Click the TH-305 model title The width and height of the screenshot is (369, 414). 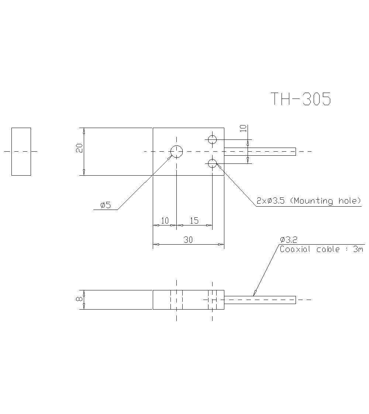click(301, 99)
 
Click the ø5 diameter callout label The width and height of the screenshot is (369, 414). click(106, 205)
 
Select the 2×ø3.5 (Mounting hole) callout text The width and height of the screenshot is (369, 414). click(308, 201)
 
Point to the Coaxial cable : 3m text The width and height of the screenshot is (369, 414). click(321, 249)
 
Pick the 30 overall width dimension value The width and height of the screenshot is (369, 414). click(188, 240)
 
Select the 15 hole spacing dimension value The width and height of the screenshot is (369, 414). click(194, 221)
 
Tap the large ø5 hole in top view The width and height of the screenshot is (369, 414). click(177, 151)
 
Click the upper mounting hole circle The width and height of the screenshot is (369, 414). click(212, 139)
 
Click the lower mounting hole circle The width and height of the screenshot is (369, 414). click(212, 163)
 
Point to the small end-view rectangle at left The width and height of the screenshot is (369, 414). click(21, 151)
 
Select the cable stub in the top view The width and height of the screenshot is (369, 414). click(260, 151)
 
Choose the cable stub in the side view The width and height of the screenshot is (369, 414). click(260, 300)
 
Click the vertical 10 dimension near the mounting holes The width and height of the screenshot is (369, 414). click(243, 128)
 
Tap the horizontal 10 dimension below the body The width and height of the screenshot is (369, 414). click(165, 221)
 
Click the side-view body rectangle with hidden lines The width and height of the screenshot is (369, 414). click(188, 300)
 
